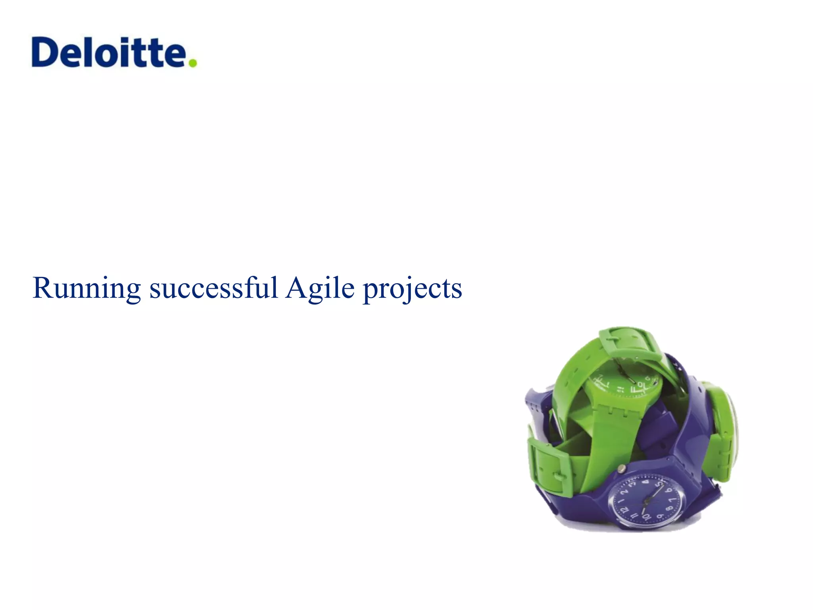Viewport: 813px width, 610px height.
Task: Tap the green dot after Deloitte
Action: coord(193,63)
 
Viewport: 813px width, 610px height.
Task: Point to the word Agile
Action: coord(320,288)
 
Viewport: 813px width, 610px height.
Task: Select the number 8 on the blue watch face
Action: coord(669,508)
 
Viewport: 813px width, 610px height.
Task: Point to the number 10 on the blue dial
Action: coord(646,517)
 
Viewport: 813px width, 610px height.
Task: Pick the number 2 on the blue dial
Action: coord(624,492)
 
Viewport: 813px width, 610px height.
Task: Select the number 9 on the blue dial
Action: coord(660,516)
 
